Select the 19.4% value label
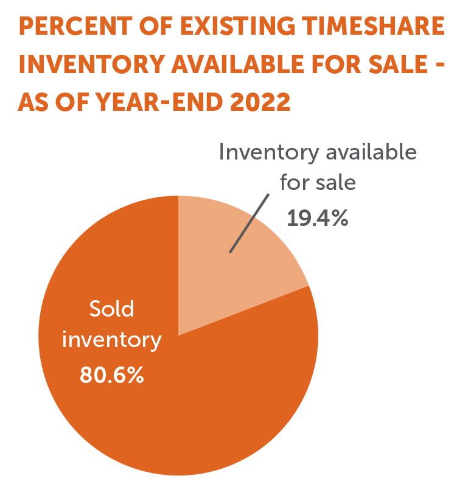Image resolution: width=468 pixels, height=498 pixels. pos(318,217)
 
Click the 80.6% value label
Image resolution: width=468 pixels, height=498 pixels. pos(112,374)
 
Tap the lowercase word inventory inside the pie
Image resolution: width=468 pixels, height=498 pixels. pos(112,340)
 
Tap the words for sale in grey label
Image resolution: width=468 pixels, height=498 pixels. pos(317,183)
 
